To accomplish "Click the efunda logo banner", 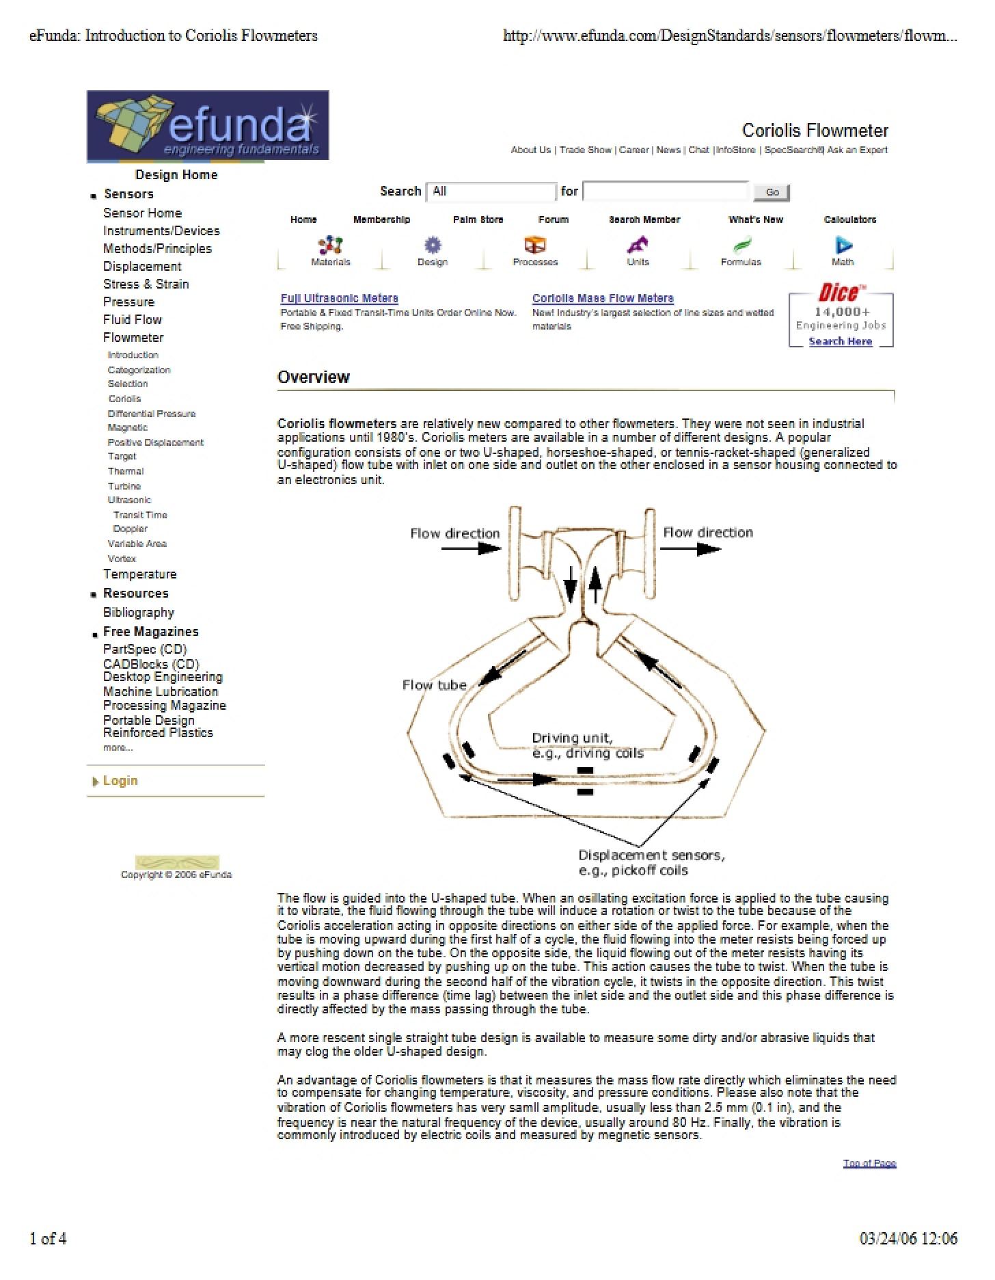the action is (x=208, y=125).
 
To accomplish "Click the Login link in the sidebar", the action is (x=120, y=781).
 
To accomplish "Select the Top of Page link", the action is (x=869, y=1163).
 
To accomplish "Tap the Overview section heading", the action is (x=314, y=377).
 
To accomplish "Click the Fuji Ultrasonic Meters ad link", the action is (x=339, y=298).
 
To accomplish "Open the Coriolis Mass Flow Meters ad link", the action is (x=603, y=298).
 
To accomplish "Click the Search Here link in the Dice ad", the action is (x=841, y=341).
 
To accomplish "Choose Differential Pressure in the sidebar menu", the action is (x=152, y=414).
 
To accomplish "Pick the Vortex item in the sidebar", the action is (x=122, y=559).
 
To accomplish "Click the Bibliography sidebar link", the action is (x=139, y=613).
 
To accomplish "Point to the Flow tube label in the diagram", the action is (x=435, y=685).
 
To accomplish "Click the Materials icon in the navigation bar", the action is (x=331, y=245).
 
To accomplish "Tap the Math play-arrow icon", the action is (x=844, y=245).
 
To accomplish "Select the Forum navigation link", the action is (x=554, y=219).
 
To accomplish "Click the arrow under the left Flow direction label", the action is (x=471, y=548).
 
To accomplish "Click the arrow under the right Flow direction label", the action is (x=690, y=548).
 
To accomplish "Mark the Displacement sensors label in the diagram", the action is (x=651, y=863).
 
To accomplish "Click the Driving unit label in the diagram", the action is (x=588, y=745).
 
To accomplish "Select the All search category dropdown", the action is (x=491, y=191).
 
